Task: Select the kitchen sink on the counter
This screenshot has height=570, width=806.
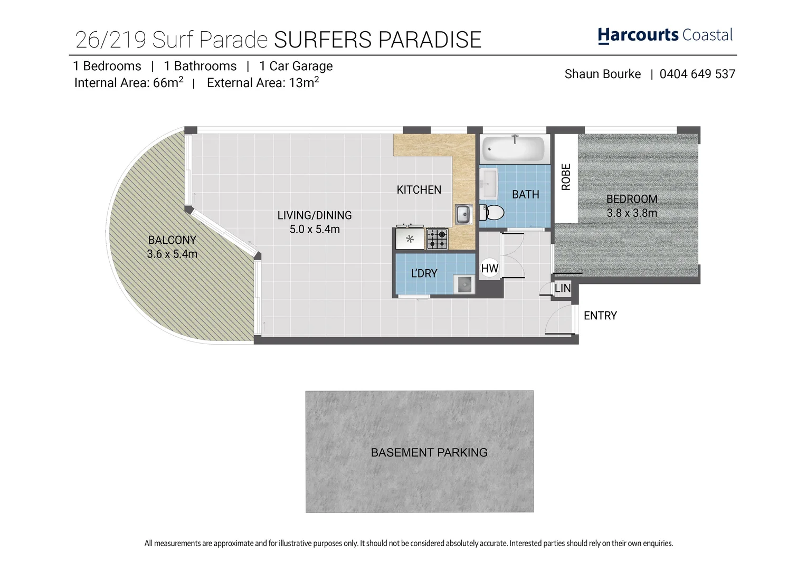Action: tap(463, 214)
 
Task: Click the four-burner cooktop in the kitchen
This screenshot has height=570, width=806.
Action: tap(437, 239)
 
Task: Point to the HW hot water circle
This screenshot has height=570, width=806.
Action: tap(490, 269)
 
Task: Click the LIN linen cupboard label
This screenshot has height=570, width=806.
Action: tap(563, 288)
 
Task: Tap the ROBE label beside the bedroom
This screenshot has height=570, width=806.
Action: tap(566, 177)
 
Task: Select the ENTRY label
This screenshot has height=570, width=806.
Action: tap(600, 316)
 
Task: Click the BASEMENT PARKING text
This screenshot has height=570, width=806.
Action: tap(429, 452)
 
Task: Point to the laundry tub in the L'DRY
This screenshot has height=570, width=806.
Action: tap(464, 285)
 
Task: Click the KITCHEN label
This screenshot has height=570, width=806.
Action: tap(419, 190)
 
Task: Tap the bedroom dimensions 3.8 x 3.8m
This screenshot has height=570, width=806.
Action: tap(632, 213)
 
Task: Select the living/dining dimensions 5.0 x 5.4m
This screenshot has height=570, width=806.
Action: tap(315, 230)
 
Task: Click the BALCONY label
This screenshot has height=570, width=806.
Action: tap(172, 240)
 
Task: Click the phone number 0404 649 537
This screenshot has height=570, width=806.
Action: tap(697, 74)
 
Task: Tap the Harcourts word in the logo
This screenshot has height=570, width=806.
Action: tap(638, 35)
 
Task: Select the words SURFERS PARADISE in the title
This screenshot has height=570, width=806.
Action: tap(378, 40)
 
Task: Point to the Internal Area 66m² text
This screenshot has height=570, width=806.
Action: tap(129, 83)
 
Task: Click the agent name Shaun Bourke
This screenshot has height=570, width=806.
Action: tap(603, 74)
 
